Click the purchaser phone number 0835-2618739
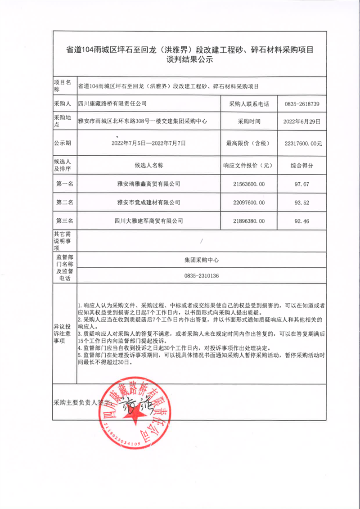coord(302,104)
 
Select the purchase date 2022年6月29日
coord(302,122)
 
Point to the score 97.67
coord(302,184)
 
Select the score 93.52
coord(302,203)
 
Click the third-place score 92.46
coord(302,221)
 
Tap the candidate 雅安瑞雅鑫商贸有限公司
coord(148,184)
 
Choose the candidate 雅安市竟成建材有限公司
coord(148,203)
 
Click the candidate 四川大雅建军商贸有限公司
coord(148,221)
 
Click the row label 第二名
coord(65,203)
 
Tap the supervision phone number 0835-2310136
coord(201,276)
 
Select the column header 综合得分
coord(302,165)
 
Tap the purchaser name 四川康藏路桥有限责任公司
coord(113,104)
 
